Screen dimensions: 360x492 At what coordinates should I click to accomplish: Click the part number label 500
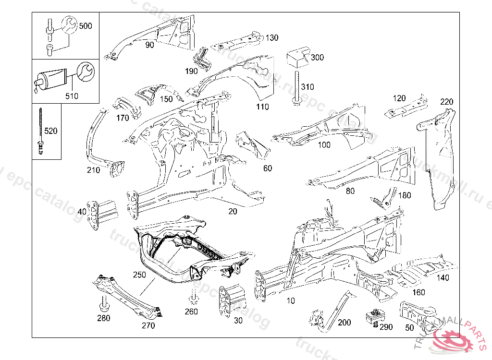(85, 26)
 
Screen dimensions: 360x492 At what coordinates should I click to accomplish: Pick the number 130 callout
(271, 37)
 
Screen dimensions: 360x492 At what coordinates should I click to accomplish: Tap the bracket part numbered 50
(417, 314)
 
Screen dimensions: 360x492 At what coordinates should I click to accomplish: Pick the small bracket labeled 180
(385, 198)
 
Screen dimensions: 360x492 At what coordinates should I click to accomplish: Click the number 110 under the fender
(262, 107)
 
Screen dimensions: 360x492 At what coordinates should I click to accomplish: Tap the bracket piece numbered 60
(254, 144)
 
